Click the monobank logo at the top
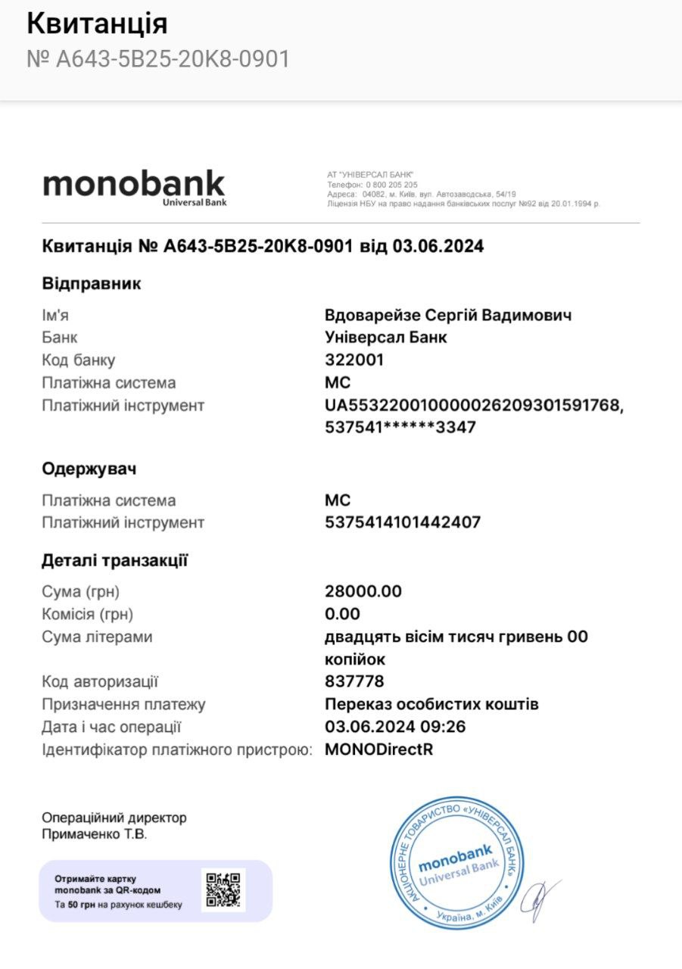(133, 185)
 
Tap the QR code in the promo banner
(224, 890)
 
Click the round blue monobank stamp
(456, 864)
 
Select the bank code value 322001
(354, 360)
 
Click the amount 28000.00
(363, 591)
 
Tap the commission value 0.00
(342, 614)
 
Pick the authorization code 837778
(354, 681)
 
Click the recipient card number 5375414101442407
(403, 522)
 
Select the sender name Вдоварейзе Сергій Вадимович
(448, 315)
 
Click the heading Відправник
(92, 284)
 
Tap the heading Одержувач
(89, 469)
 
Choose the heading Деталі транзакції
(115, 561)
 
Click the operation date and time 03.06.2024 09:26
(395, 727)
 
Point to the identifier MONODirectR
(378, 749)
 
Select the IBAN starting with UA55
(474, 406)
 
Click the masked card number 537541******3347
(400, 428)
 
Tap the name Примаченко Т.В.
(95, 834)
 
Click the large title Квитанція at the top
(97, 24)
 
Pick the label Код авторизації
(100, 681)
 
